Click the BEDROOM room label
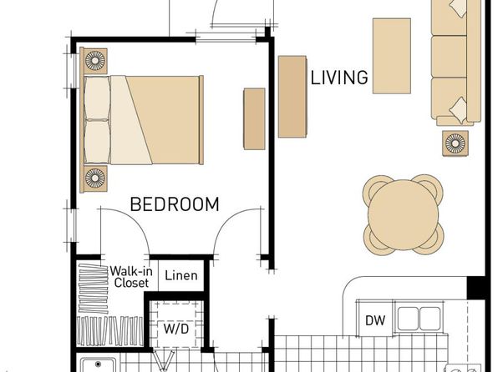[175, 204]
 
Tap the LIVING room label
[339, 78]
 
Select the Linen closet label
[181, 275]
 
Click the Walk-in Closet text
[131, 277]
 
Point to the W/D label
[176, 329]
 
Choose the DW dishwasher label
[375, 320]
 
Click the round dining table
[403, 214]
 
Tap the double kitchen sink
[419, 319]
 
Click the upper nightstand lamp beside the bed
[95, 61]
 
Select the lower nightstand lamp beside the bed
[95, 178]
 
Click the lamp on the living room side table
[455, 143]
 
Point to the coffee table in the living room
[392, 56]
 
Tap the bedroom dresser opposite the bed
[254, 119]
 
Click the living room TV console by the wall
[292, 97]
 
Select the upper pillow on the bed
[97, 98]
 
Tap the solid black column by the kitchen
[476, 288]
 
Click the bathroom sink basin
[99, 365]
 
